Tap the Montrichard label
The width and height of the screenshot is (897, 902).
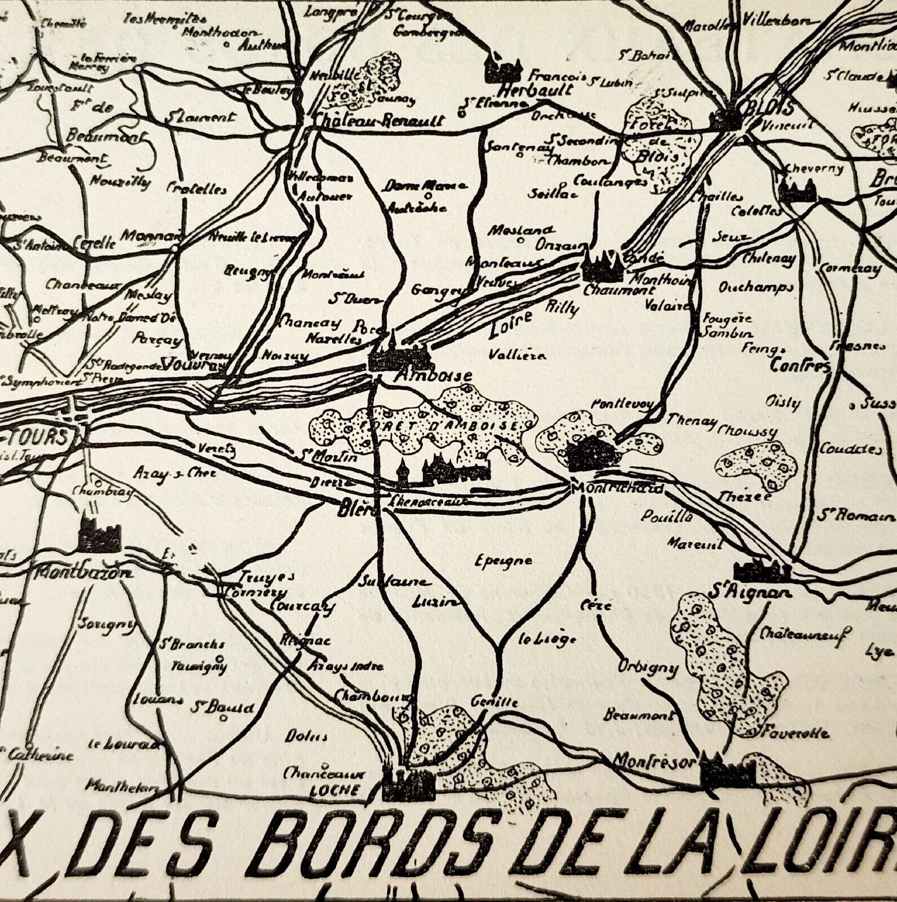[617, 488]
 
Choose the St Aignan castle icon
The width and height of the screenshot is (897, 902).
[762, 571]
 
